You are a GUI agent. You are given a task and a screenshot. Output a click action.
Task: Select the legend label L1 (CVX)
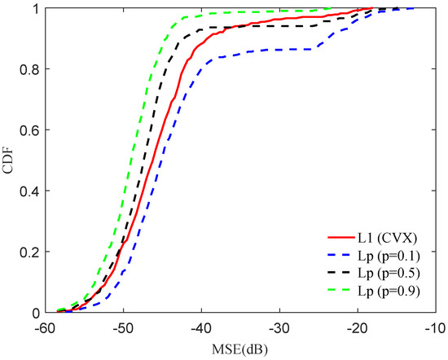point(386,239)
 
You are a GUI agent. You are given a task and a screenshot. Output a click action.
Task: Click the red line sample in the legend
point(338,239)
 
